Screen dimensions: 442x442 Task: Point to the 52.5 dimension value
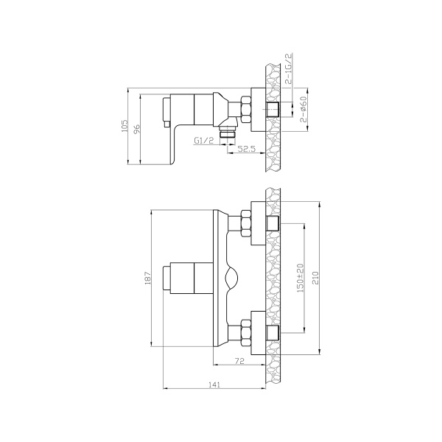click(246, 150)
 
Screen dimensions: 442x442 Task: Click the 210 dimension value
click(316, 278)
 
